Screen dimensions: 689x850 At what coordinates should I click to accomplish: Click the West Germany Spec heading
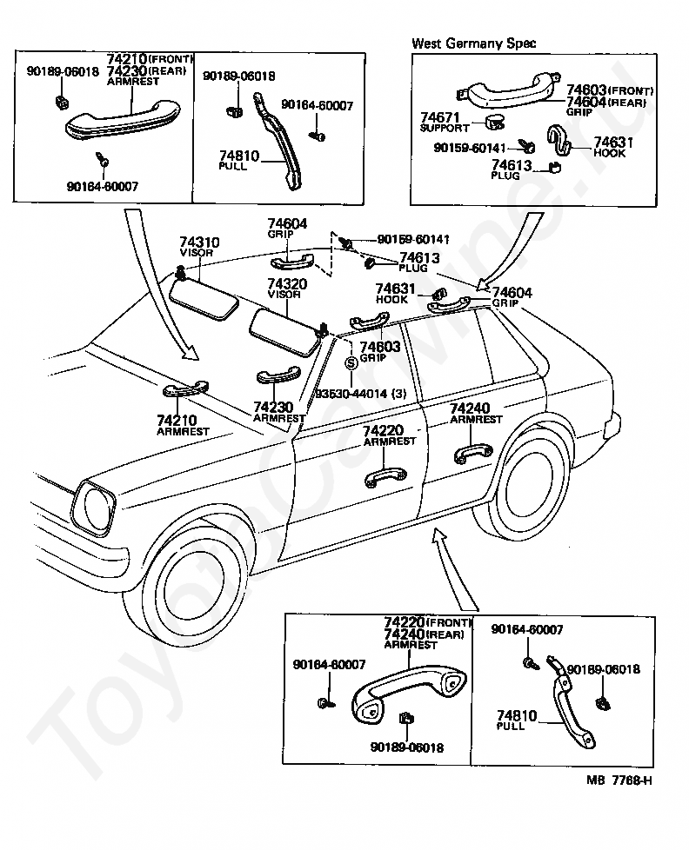point(473,43)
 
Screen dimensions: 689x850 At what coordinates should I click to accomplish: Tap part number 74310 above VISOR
point(199,242)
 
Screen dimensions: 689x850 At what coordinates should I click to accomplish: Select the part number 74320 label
point(287,284)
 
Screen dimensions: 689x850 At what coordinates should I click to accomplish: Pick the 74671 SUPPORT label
point(445,122)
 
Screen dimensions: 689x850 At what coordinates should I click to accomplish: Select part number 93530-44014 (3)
point(361,394)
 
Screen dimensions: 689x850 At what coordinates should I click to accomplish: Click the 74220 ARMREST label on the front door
point(390,435)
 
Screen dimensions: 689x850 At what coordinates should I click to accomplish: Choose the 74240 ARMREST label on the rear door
point(476,413)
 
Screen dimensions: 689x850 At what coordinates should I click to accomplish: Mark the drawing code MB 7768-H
point(619,780)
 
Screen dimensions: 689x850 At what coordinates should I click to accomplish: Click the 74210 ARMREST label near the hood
point(183,426)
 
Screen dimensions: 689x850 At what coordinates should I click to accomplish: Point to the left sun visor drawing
point(204,297)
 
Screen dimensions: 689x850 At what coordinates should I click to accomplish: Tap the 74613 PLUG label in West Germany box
point(511,169)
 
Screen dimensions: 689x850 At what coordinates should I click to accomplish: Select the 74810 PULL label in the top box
point(238,161)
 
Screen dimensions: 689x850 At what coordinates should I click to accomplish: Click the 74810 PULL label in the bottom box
point(516,721)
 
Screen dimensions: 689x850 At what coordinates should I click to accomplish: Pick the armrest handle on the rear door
point(472,454)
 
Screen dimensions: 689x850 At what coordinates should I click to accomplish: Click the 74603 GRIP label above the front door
point(380,351)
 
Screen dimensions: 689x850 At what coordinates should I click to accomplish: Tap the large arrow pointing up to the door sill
point(455,570)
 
